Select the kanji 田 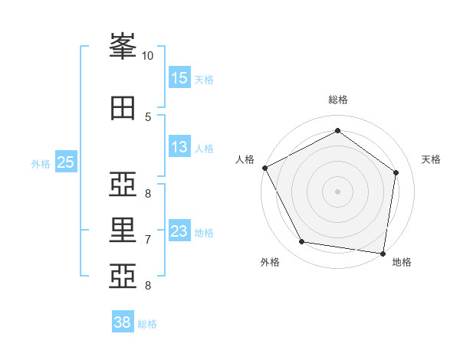pos(123,109)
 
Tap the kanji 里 pos(123,230)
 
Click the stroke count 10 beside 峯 pos(147,56)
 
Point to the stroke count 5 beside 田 pos(147,117)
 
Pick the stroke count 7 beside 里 pos(147,240)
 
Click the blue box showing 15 pos(179,78)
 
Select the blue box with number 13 pos(179,147)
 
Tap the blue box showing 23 pos(179,231)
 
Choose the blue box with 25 pos(65,162)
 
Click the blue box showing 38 pos(123,322)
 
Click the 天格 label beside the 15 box pos(203,79)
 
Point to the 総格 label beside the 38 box pos(147,324)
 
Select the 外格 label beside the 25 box pos(41,163)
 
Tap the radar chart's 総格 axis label pos(337,100)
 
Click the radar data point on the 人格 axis pos(264,168)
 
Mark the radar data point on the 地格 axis pos(383,253)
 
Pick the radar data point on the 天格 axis pos(396,172)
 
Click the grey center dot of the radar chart pos(337,191)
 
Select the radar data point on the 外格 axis pos(302,242)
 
